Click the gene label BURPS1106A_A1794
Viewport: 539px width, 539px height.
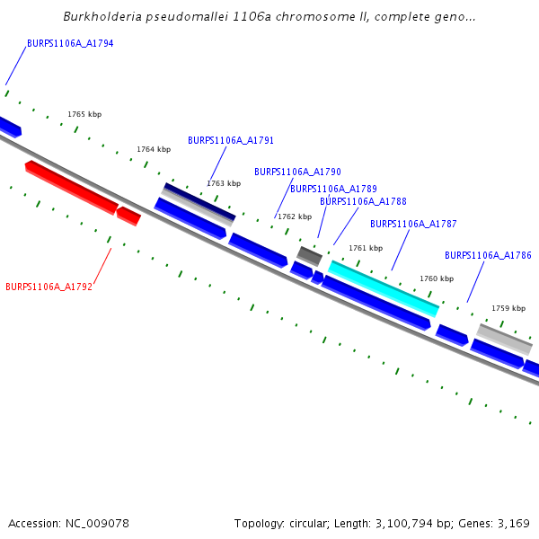[70, 43]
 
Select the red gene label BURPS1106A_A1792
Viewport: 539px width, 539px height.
[49, 287]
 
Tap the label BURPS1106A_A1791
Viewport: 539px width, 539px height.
[231, 141]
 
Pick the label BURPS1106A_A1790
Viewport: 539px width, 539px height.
[297, 172]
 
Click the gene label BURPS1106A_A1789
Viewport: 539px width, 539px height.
[333, 189]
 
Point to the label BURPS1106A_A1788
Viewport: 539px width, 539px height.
[363, 202]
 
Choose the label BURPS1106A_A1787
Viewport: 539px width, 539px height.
[413, 224]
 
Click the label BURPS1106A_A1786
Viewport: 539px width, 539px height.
[488, 256]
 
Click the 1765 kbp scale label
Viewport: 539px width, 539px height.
[84, 115]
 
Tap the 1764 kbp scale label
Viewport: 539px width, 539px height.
[154, 149]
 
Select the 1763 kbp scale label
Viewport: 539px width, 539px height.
[224, 183]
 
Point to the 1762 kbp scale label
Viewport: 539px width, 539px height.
[295, 216]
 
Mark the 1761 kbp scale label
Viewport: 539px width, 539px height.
[366, 248]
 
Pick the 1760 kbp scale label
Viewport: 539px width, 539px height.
[437, 278]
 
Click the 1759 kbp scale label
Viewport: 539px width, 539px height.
[508, 308]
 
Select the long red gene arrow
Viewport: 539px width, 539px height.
[71, 187]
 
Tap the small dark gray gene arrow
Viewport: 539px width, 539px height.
[310, 256]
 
